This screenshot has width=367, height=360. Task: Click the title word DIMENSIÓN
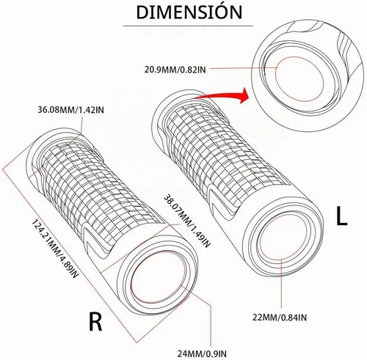[189, 12]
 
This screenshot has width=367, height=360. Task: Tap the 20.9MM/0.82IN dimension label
[175, 70]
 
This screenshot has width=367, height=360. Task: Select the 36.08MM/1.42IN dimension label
[70, 110]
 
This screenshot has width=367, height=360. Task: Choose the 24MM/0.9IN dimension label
[202, 353]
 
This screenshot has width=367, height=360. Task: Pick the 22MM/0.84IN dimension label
[280, 317]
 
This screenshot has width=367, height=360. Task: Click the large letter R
[95, 321]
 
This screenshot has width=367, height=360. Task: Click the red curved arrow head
[244, 95]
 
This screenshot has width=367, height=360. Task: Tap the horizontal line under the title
[188, 26]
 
